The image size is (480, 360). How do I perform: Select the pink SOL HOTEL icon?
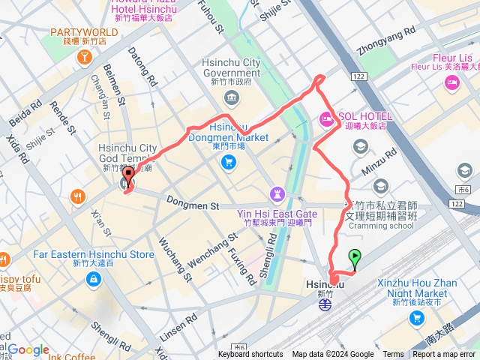(x=326, y=118)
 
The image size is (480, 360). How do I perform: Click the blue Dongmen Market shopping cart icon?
(x=229, y=162)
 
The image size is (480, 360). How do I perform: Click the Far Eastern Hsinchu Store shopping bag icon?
(x=93, y=280)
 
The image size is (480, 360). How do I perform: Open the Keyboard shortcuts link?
(x=250, y=355)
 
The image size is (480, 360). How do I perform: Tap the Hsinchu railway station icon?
(x=325, y=308)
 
